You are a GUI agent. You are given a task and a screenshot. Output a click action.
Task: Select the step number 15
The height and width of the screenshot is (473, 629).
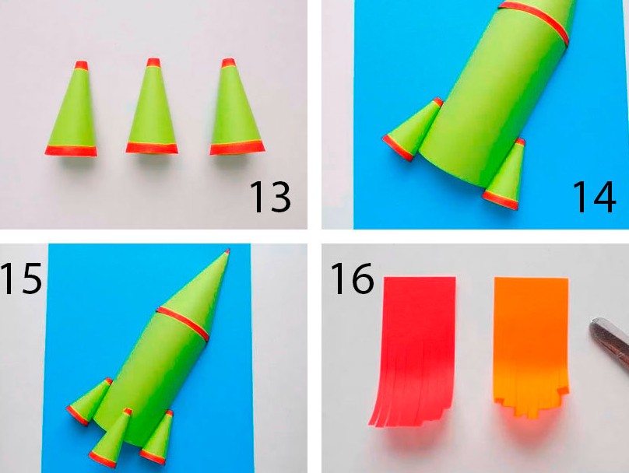click(x=21, y=278)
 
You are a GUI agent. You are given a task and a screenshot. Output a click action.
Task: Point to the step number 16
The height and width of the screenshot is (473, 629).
click(x=352, y=279)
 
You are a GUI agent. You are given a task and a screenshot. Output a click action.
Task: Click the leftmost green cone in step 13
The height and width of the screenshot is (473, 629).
click(x=72, y=110)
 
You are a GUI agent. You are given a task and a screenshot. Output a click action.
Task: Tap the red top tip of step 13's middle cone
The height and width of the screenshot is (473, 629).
click(x=153, y=62)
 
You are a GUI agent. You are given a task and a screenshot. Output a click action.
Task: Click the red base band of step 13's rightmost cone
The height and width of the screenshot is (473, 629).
click(x=237, y=148)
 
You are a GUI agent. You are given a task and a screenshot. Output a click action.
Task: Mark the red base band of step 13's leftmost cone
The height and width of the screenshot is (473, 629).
click(x=71, y=151)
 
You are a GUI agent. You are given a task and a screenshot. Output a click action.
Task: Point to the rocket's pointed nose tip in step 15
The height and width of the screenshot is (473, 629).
click(x=228, y=251)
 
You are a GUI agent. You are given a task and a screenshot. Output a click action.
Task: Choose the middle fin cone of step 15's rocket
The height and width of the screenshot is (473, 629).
click(x=111, y=438)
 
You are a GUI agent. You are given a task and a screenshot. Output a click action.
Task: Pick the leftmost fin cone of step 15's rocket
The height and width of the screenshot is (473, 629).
click(x=89, y=401)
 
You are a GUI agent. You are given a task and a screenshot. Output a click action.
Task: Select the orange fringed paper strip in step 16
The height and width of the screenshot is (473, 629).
click(x=531, y=345)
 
